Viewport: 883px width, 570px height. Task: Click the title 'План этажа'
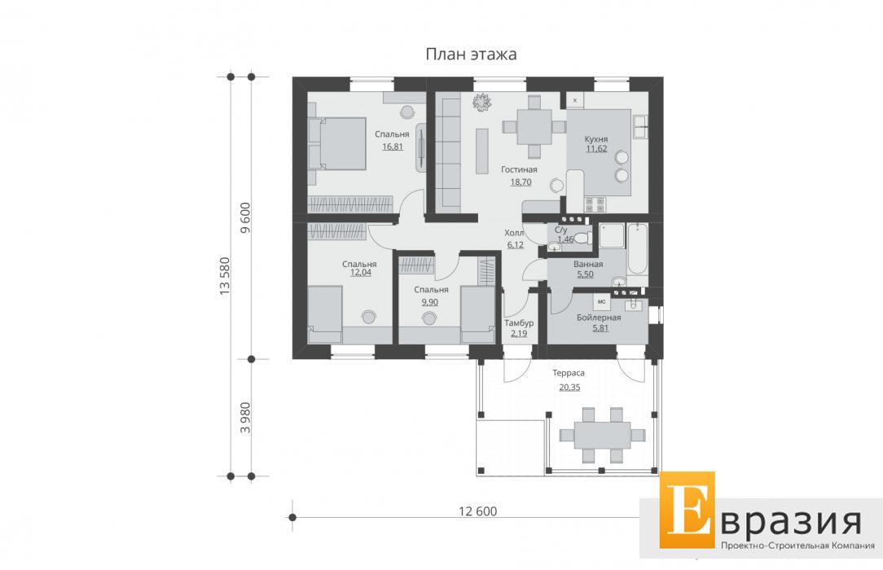click(x=471, y=55)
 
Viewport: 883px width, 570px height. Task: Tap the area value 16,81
click(x=393, y=147)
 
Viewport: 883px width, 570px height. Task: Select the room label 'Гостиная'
click(x=519, y=169)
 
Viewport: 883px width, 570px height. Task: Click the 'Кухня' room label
click(x=595, y=139)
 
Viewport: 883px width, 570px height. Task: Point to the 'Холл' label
click(x=514, y=233)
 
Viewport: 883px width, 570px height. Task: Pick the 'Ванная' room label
click(x=588, y=264)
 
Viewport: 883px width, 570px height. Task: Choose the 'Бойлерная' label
click(x=599, y=318)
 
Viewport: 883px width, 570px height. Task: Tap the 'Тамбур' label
click(x=519, y=323)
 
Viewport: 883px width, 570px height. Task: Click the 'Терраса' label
click(x=569, y=372)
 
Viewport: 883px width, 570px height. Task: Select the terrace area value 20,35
click(x=569, y=387)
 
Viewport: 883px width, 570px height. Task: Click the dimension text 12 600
click(x=478, y=511)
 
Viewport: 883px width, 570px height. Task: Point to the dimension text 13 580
click(x=225, y=276)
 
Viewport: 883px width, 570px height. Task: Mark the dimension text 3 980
click(x=245, y=418)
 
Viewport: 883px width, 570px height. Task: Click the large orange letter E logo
click(x=688, y=509)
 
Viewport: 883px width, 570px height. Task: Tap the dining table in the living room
click(x=534, y=126)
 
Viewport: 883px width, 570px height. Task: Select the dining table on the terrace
click(x=603, y=435)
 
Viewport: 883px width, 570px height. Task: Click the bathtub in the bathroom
click(x=638, y=248)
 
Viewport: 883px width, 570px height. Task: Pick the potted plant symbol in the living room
click(x=482, y=103)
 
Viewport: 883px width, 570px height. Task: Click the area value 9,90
click(x=429, y=302)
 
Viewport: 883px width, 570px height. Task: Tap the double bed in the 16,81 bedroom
click(x=337, y=143)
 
